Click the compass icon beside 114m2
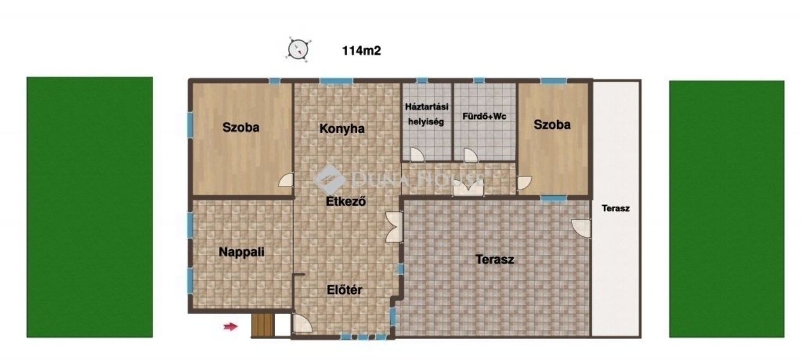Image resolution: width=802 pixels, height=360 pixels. (298, 49)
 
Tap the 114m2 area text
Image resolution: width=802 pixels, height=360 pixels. (361, 51)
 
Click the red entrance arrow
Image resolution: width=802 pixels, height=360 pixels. (231, 326)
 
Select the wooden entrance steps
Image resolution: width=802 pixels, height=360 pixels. (262, 325)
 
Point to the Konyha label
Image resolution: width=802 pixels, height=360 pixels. (342, 128)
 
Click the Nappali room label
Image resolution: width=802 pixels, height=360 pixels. (242, 252)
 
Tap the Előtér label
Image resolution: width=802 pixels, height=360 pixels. (345, 290)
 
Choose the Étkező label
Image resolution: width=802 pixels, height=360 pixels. (346, 201)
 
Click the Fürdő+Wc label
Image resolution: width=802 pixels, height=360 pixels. (484, 116)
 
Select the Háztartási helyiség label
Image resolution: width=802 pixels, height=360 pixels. (426, 114)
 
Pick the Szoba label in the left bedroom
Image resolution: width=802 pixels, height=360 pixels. (241, 127)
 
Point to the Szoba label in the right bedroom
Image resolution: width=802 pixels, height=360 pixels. (552, 125)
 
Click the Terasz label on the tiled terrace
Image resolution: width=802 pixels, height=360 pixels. (495, 259)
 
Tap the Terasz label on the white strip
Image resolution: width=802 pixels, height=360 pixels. (615, 208)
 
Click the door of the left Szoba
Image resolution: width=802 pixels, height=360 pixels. (286, 179)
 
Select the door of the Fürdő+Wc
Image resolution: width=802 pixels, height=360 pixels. (471, 155)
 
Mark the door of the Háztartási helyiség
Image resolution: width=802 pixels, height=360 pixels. (417, 155)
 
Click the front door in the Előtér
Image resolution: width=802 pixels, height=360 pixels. (302, 323)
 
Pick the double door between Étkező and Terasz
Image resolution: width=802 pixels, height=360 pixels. (394, 227)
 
